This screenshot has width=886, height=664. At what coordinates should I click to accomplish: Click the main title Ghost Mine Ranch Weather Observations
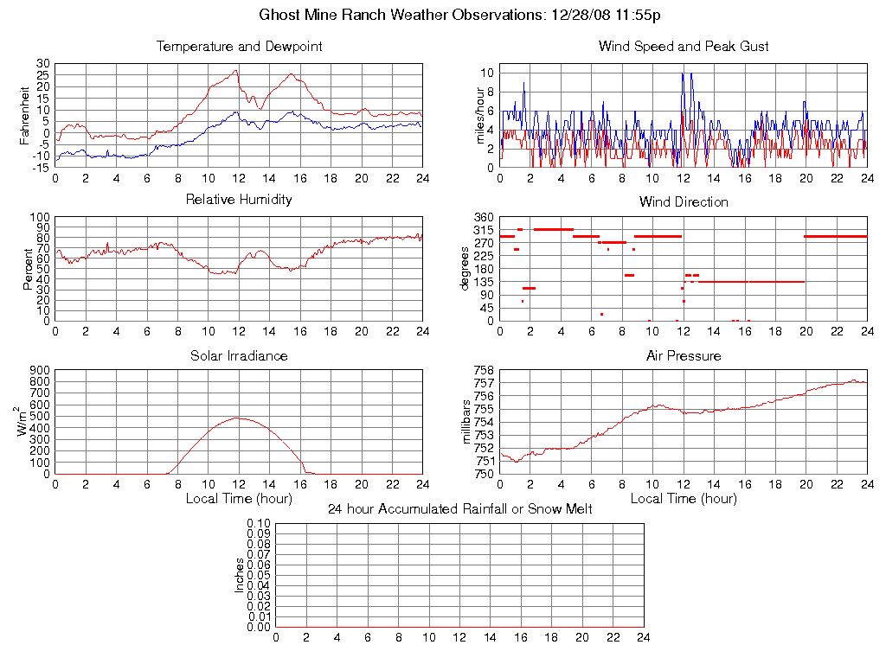click(460, 15)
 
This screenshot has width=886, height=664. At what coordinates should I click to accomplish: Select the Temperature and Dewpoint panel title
click(239, 47)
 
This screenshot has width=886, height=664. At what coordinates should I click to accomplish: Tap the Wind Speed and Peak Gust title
click(684, 47)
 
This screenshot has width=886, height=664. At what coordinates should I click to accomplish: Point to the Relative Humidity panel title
click(239, 200)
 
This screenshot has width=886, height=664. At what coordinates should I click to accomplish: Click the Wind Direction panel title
click(684, 202)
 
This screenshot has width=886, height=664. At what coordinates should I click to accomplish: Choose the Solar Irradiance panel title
click(239, 355)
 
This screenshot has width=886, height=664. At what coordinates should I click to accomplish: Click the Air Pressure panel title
click(684, 355)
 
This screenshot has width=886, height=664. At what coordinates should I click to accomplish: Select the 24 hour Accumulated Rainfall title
click(460, 509)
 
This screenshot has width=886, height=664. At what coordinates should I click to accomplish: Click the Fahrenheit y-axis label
click(26, 116)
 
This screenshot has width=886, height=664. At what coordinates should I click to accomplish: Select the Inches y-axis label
click(240, 575)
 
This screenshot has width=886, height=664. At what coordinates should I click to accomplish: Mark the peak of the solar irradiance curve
click(238, 418)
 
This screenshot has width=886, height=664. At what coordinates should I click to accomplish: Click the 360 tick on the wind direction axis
click(483, 217)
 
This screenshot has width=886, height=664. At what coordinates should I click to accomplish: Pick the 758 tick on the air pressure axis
click(483, 370)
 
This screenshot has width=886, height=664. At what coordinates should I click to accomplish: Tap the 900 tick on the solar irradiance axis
click(39, 370)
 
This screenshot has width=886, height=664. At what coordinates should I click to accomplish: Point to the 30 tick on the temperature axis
click(42, 64)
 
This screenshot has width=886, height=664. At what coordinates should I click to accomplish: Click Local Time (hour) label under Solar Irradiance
click(239, 498)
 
